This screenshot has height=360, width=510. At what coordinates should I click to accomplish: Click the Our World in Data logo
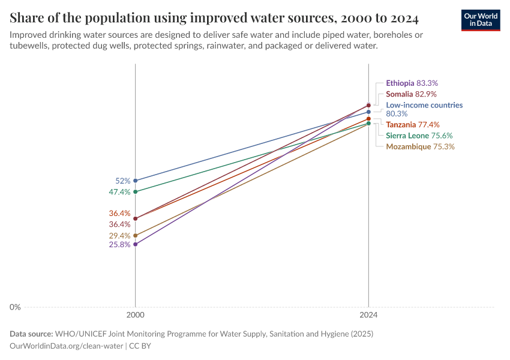coord(480,20)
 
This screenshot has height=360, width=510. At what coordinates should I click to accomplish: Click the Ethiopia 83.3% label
coord(416,83)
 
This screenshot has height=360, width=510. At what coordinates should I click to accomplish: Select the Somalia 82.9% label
coord(411,94)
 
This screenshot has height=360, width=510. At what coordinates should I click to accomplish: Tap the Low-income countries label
coord(424,105)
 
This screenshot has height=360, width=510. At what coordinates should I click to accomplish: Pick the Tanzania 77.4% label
coord(412,125)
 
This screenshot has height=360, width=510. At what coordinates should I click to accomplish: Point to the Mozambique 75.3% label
coord(420,146)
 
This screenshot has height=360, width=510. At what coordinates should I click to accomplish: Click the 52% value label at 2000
coord(122,181)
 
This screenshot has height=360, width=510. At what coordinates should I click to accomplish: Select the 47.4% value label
coord(119,192)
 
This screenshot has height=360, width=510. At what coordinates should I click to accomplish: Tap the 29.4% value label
coord(119,236)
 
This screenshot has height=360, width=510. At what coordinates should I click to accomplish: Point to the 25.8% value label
coord(119,245)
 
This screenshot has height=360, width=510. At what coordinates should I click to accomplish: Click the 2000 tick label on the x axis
coord(135,314)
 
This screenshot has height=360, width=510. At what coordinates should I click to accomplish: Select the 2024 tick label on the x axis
coord(368,314)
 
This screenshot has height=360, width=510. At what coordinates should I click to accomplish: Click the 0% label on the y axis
coord(15,307)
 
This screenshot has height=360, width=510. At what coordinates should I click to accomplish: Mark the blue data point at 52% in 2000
coord(136,181)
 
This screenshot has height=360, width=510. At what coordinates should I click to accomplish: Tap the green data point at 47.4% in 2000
coord(136,192)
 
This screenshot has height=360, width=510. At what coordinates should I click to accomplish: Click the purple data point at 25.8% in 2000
coord(136,244)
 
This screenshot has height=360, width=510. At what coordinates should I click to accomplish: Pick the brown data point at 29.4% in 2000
coord(136,235)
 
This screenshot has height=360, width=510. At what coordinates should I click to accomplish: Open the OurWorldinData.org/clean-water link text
coord(67,346)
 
